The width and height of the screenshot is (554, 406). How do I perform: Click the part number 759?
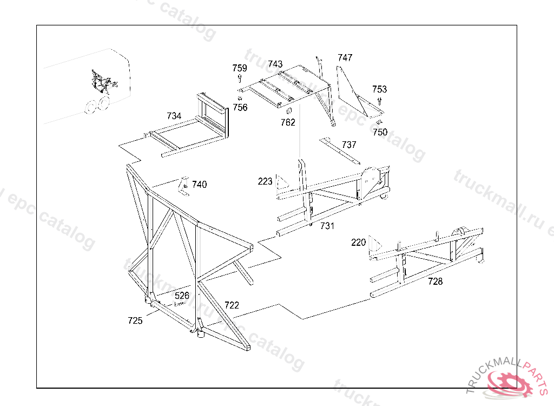[x=240, y=68]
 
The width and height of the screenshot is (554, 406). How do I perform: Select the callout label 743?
[x=275, y=64]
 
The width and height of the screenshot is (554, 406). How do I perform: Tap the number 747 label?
[x=345, y=57]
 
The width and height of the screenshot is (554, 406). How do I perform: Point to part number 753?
[x=379, y=89]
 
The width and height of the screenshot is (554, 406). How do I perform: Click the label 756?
[x=240, y=108]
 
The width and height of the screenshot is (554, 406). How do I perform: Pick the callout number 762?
[x=288, y=122]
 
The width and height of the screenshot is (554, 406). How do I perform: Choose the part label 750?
[x=380, y=132]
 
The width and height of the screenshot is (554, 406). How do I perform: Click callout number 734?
[x=174, y=116]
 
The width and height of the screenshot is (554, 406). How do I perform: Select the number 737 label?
[x=349, y=145]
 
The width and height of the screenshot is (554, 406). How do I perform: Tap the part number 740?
[x=199, y=185]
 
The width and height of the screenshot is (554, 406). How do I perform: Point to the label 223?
[x=265, y=181]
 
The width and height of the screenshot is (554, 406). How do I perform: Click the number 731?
[x=327, y=225]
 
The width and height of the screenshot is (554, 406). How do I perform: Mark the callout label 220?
[x=359, y=243]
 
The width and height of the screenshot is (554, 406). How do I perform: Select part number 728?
[x=435, y=281]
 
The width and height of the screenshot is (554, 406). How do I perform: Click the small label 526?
[x=182, y=296]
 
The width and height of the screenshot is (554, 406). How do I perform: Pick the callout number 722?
[x=232, y=305]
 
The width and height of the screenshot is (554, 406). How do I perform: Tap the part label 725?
[x=135, y=320]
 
